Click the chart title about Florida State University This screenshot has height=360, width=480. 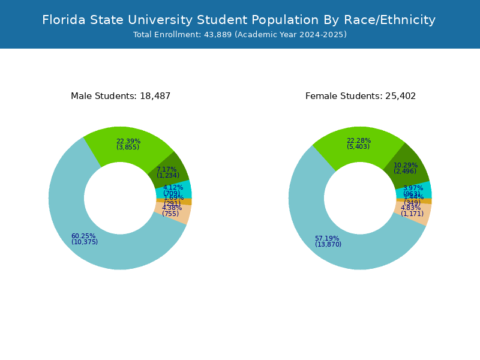239,20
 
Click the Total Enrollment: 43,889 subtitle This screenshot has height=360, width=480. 240,35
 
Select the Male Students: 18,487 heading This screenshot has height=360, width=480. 121,96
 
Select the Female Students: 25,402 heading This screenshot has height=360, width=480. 361,96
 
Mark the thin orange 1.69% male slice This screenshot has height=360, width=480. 186,202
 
